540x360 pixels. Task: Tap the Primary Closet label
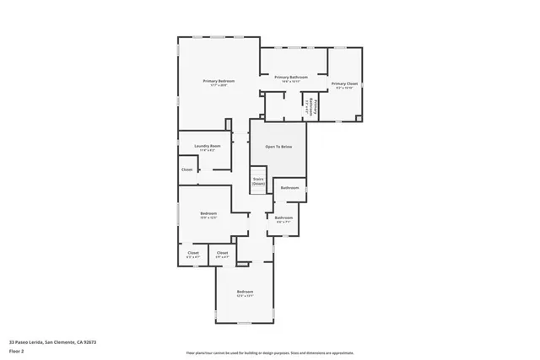point(343,83)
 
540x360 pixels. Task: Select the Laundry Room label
point(207,146)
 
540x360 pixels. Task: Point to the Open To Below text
point(278,147)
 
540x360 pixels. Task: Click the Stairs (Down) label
point(258,180)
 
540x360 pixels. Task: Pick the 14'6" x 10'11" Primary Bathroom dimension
point(292,81)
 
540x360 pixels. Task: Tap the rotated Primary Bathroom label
point(312,106)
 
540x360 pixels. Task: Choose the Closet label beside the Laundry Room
point(186,169)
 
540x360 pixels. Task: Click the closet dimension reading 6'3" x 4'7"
point(192,256)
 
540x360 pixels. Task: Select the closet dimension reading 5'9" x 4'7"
point(222,256)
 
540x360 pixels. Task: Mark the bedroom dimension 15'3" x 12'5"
point(208,218)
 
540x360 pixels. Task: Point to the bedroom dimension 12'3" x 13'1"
point(245,296)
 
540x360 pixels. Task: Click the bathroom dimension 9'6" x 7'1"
point(283,222)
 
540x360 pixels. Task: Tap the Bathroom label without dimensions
point(289,187)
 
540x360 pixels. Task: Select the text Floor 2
point(17,351)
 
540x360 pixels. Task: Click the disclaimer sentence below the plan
point(270,352)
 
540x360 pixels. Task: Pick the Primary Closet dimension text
point(343,88)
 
